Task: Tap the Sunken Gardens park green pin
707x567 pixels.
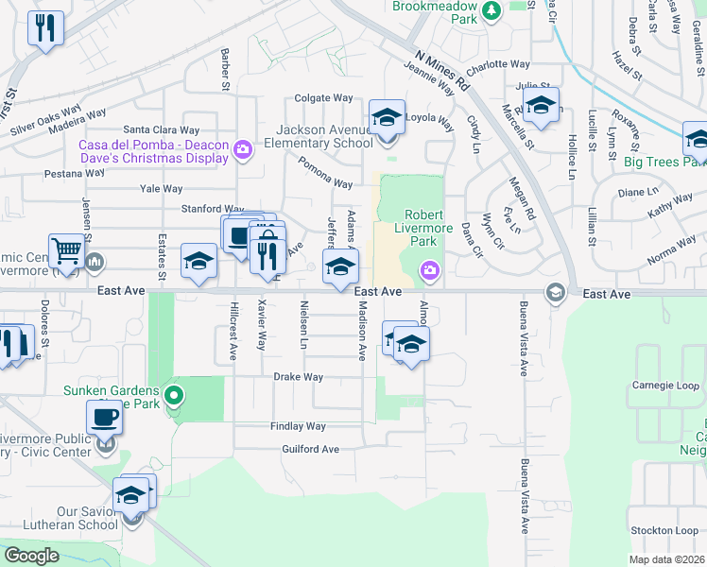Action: click(x=173, y=395)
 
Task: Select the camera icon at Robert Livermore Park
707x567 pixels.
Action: click(x=430, y=272)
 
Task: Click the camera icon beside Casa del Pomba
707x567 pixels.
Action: click(x=243, y=149)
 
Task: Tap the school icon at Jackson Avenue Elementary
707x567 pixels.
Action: click(x=387, y=118)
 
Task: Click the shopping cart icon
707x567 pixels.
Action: click(x=67, y=252)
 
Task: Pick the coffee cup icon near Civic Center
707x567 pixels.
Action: click(x=104, y=417)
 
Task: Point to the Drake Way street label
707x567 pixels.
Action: click(x=299, y=377)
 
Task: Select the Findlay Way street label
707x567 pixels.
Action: click(x=298, y=427)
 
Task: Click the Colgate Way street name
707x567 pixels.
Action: click(x=323, y=97)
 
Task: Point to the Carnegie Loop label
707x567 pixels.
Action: click(x=665, y=386)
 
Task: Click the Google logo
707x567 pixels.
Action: click(x=31, y=556)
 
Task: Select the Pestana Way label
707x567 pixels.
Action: click(x=73, y=174)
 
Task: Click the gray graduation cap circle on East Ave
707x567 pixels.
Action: click(x=555, y=292)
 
